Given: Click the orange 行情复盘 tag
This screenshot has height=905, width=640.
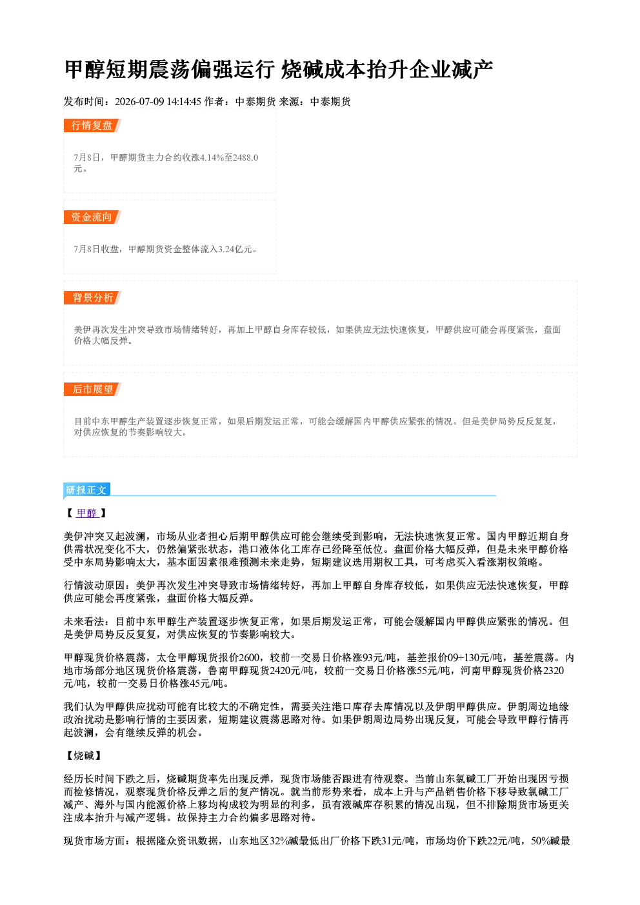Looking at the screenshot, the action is click(92, 125).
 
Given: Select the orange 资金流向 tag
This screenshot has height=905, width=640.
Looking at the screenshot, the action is click(92, 217).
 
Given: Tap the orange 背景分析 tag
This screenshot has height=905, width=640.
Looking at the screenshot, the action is click(92, 298).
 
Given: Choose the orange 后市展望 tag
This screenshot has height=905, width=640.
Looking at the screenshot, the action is click(92, 390).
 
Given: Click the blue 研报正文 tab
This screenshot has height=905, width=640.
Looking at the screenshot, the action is click(86, 490).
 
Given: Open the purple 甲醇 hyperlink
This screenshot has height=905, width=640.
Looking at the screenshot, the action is click(87, 513).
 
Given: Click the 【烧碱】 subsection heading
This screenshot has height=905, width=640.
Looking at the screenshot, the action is click(84, 755).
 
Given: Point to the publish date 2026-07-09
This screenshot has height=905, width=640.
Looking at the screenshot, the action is click(139, 101).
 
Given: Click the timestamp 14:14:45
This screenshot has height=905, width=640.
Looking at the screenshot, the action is click(184, 101).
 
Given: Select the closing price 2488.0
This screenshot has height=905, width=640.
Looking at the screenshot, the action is click(246, 157).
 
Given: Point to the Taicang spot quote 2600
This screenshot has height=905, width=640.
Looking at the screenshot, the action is click(249, 658).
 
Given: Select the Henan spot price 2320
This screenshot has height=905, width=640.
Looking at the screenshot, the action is click(554, 671).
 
